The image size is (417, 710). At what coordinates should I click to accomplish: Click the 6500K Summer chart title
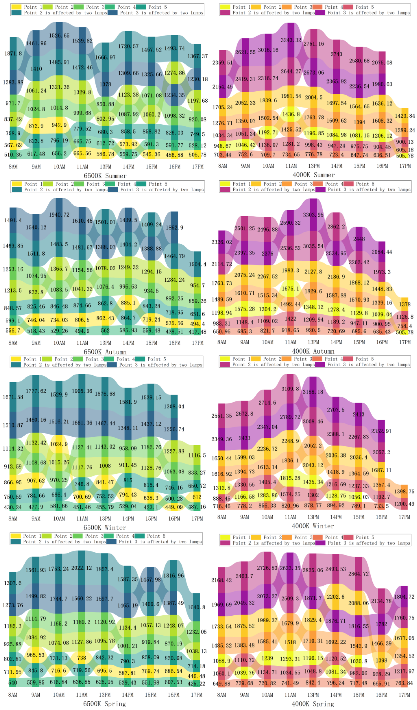[105, 176]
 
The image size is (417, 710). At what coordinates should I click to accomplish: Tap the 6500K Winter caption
[105, 527]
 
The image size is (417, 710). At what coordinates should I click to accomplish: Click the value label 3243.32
[291, 40]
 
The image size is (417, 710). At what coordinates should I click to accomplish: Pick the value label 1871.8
[13, 53]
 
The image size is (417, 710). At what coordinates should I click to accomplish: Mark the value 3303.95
[313, 215]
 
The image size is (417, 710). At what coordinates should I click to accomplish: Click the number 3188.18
[313, 392]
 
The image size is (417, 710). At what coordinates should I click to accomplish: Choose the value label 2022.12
[81, 568]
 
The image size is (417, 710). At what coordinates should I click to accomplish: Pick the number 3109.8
[290, 389]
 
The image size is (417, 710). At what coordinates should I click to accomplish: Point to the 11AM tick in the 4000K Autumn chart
[290, 342]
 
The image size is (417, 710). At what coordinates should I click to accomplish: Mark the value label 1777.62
[36, 391]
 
